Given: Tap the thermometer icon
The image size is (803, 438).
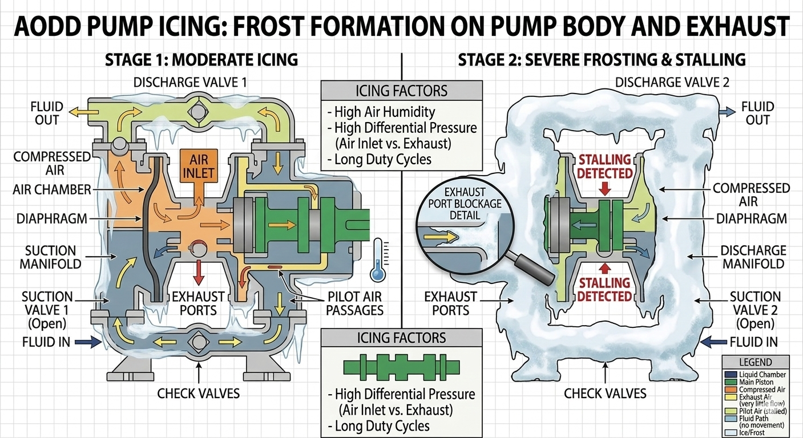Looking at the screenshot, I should point(378,260).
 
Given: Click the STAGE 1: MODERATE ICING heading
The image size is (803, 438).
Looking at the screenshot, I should point(201,59).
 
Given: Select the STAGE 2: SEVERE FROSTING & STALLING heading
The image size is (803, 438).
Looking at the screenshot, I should point(602,59).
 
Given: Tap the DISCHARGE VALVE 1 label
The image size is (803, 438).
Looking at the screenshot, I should point(190,82).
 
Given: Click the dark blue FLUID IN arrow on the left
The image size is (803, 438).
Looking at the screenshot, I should point(91,342).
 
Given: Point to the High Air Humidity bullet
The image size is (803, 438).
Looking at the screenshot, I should point(384,112).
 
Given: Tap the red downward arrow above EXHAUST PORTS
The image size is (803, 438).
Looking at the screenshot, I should point(198,273).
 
